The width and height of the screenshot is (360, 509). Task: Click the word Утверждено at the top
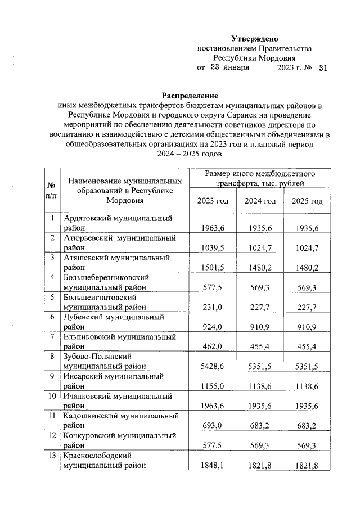click(x=255, y=39)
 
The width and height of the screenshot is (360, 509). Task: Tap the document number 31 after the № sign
click(x=322, y=68)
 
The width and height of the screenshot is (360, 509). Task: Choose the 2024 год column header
click(x=259, y=201)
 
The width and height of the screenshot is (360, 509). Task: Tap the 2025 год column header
click(x=307, y=201)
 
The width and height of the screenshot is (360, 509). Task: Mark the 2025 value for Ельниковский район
click(x=308, y=347)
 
